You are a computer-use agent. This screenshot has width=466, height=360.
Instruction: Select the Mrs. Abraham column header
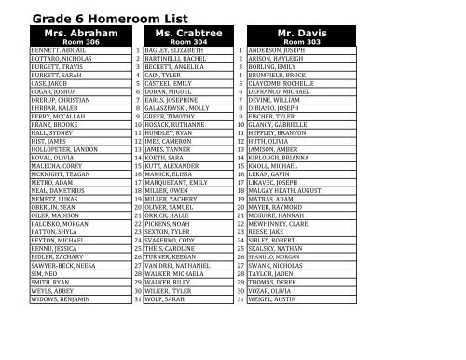[73, 32]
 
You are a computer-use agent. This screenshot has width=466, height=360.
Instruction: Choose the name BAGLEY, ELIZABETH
[174, 51]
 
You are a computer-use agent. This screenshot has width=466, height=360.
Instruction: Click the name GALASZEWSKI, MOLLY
[177, 106]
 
